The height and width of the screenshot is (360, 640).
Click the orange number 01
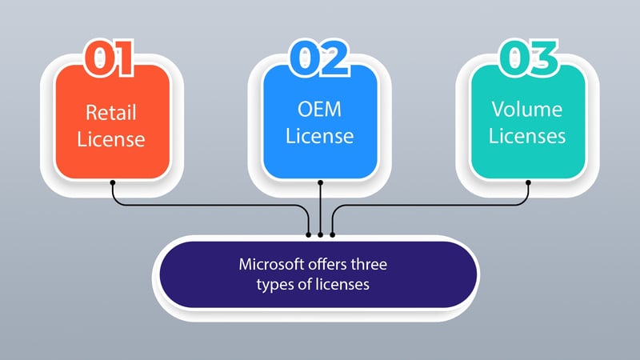[x=110, y=58]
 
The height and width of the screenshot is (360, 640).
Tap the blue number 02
[x=319, y=58]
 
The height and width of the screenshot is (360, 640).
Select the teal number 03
[x=529, y=58]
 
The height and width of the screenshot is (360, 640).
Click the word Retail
[x=111, y=112]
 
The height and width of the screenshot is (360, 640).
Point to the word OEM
[x=319, y=109]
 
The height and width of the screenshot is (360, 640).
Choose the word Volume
[x=527, y=109]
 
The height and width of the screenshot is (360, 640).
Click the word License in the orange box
[x=111, y=139]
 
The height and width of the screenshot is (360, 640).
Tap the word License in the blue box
[x=319, y=136]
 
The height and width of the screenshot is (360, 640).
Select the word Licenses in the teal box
[x=527, y=136]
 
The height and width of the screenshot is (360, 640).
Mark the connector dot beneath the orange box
[x=113, y=182]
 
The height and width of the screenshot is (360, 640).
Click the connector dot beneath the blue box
[x=321, y=182]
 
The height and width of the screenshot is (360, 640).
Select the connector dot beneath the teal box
[x=528, y=182]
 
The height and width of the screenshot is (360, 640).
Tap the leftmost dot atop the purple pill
[x=309, y=234]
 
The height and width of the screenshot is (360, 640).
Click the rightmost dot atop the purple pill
[x=333, y=234]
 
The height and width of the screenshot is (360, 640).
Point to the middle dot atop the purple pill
[x=321, y=234]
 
